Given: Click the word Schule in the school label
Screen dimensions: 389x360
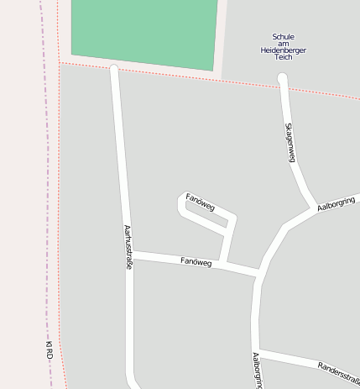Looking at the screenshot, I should pyautogui.click(x=284, y=36).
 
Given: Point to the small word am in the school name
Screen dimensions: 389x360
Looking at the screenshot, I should pyautogui.click(x=284, y=44).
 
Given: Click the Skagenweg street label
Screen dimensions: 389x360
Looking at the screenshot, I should pyautogui.click(x=290, y=142).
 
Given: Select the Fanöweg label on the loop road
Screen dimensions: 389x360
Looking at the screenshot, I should pyautogui.click(x=201, y=202).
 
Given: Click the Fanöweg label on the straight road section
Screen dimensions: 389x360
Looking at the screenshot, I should pyautogui.click(x=196, y=262).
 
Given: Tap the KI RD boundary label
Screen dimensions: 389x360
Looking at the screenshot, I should pyautogui.click(x=50, y=351).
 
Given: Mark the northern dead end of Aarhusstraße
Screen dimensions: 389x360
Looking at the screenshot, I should pyautogui.click(x=114, y=70).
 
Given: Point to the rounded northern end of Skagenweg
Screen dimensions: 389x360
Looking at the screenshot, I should pyautogui.click(x=283, y=79).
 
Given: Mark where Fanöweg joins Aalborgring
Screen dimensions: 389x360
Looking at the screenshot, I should pyautogui.click(x=258, y=274).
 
